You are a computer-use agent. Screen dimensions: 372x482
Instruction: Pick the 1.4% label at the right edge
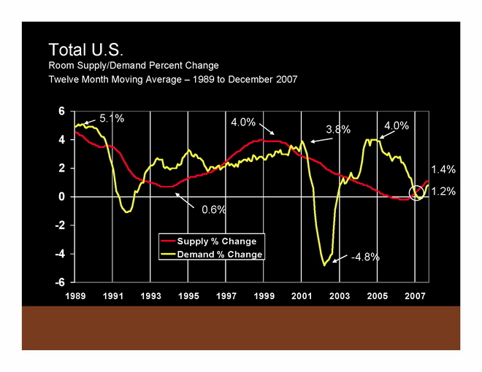(443, 169)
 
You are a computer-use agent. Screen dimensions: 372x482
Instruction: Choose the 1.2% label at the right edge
(443, 192)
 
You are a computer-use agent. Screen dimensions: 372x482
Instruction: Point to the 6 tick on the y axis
(62, 111)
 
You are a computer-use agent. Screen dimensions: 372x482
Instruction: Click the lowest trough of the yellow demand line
(324, 266)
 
